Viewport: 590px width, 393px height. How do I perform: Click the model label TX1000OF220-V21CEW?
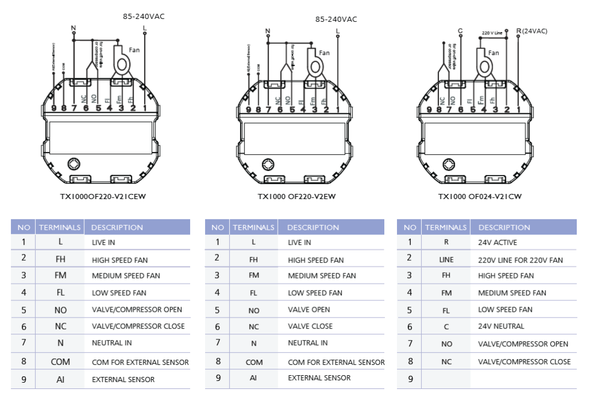click(x=103, y=196)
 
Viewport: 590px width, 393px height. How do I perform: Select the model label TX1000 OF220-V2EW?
click(x=296, y=196)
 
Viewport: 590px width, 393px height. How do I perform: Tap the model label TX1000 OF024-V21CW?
click(x=480, y=196)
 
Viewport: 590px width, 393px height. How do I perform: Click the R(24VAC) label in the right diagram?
click(x=532, y=31)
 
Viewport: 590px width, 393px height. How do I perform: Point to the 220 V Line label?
click(x=492, y=33)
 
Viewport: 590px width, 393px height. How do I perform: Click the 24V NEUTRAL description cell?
click(x=501, y=326)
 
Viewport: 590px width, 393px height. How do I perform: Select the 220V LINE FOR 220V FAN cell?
click(x=520, y=260)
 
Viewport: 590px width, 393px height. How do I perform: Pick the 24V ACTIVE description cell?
click(x=497, y=242)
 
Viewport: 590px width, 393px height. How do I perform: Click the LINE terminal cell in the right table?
click(x=446, y=260)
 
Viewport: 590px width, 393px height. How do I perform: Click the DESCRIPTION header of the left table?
click(x=117, y=227)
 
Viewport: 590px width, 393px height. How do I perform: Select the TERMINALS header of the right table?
click(x=446, y=227)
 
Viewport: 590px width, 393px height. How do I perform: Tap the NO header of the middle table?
click(x=217, y=227)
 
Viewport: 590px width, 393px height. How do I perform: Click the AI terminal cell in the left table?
click(x=60, y=379)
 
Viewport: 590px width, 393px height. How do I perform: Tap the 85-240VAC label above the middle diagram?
click(x=336, y=20)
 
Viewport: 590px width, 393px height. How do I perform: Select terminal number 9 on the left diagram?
click(x=53, y=108)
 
